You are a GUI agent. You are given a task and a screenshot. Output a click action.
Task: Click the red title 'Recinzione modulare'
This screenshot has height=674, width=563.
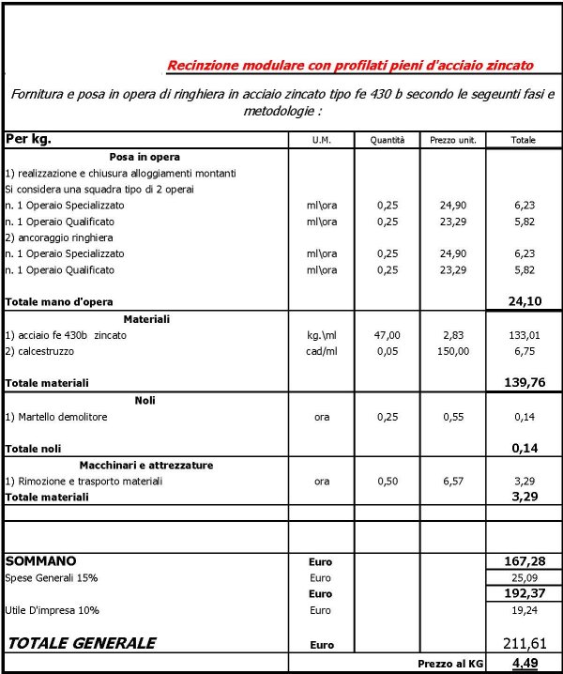click(350, 66)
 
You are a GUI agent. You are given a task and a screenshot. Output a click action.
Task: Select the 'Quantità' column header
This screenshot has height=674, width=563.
click(387, 140)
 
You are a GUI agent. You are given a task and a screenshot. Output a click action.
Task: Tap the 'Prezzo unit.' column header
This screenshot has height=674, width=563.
click(453, 140)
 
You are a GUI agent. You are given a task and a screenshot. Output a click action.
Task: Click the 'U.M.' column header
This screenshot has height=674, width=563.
click(322, 140)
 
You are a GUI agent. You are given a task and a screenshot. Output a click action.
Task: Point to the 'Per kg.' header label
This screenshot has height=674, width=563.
click(29, 139)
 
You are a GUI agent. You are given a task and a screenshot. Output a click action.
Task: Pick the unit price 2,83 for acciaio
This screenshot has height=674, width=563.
click(453, 335)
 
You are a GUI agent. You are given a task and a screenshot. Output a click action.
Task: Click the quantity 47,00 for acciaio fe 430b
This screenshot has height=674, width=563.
click(388, 335)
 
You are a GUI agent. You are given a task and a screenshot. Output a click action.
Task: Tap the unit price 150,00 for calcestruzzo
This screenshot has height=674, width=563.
click(453, 351)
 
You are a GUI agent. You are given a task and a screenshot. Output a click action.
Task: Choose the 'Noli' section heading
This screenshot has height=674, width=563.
click(145, 400)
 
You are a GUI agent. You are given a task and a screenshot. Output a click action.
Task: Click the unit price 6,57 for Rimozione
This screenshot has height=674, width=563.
click(453, 481)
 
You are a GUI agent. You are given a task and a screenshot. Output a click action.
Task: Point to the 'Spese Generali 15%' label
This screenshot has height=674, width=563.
click(52, 577)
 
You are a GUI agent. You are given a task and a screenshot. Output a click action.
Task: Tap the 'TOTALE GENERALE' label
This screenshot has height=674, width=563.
click(82, 644)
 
